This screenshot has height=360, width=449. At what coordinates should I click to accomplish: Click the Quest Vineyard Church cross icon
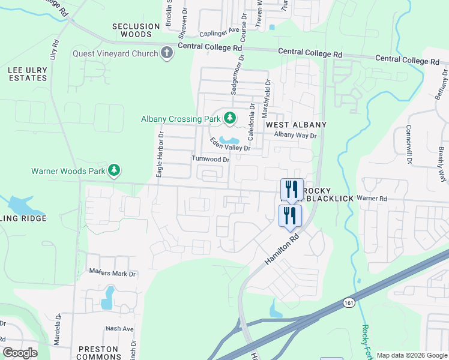167,53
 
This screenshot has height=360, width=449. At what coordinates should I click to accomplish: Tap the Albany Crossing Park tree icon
229,118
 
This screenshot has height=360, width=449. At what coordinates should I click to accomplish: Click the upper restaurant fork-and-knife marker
292,189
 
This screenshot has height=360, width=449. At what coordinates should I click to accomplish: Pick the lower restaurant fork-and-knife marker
291,215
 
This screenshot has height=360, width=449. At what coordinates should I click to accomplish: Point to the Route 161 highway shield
349,303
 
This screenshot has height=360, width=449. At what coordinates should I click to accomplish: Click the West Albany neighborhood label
296,125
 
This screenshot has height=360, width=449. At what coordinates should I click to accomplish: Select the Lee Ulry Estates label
27,74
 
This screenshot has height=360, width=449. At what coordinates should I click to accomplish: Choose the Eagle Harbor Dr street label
160,155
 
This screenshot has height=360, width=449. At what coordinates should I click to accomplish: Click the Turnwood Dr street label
210,160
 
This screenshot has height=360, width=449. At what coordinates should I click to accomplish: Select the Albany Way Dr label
295,135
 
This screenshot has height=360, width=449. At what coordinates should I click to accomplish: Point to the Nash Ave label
119,329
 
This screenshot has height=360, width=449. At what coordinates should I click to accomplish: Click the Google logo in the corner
20,353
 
